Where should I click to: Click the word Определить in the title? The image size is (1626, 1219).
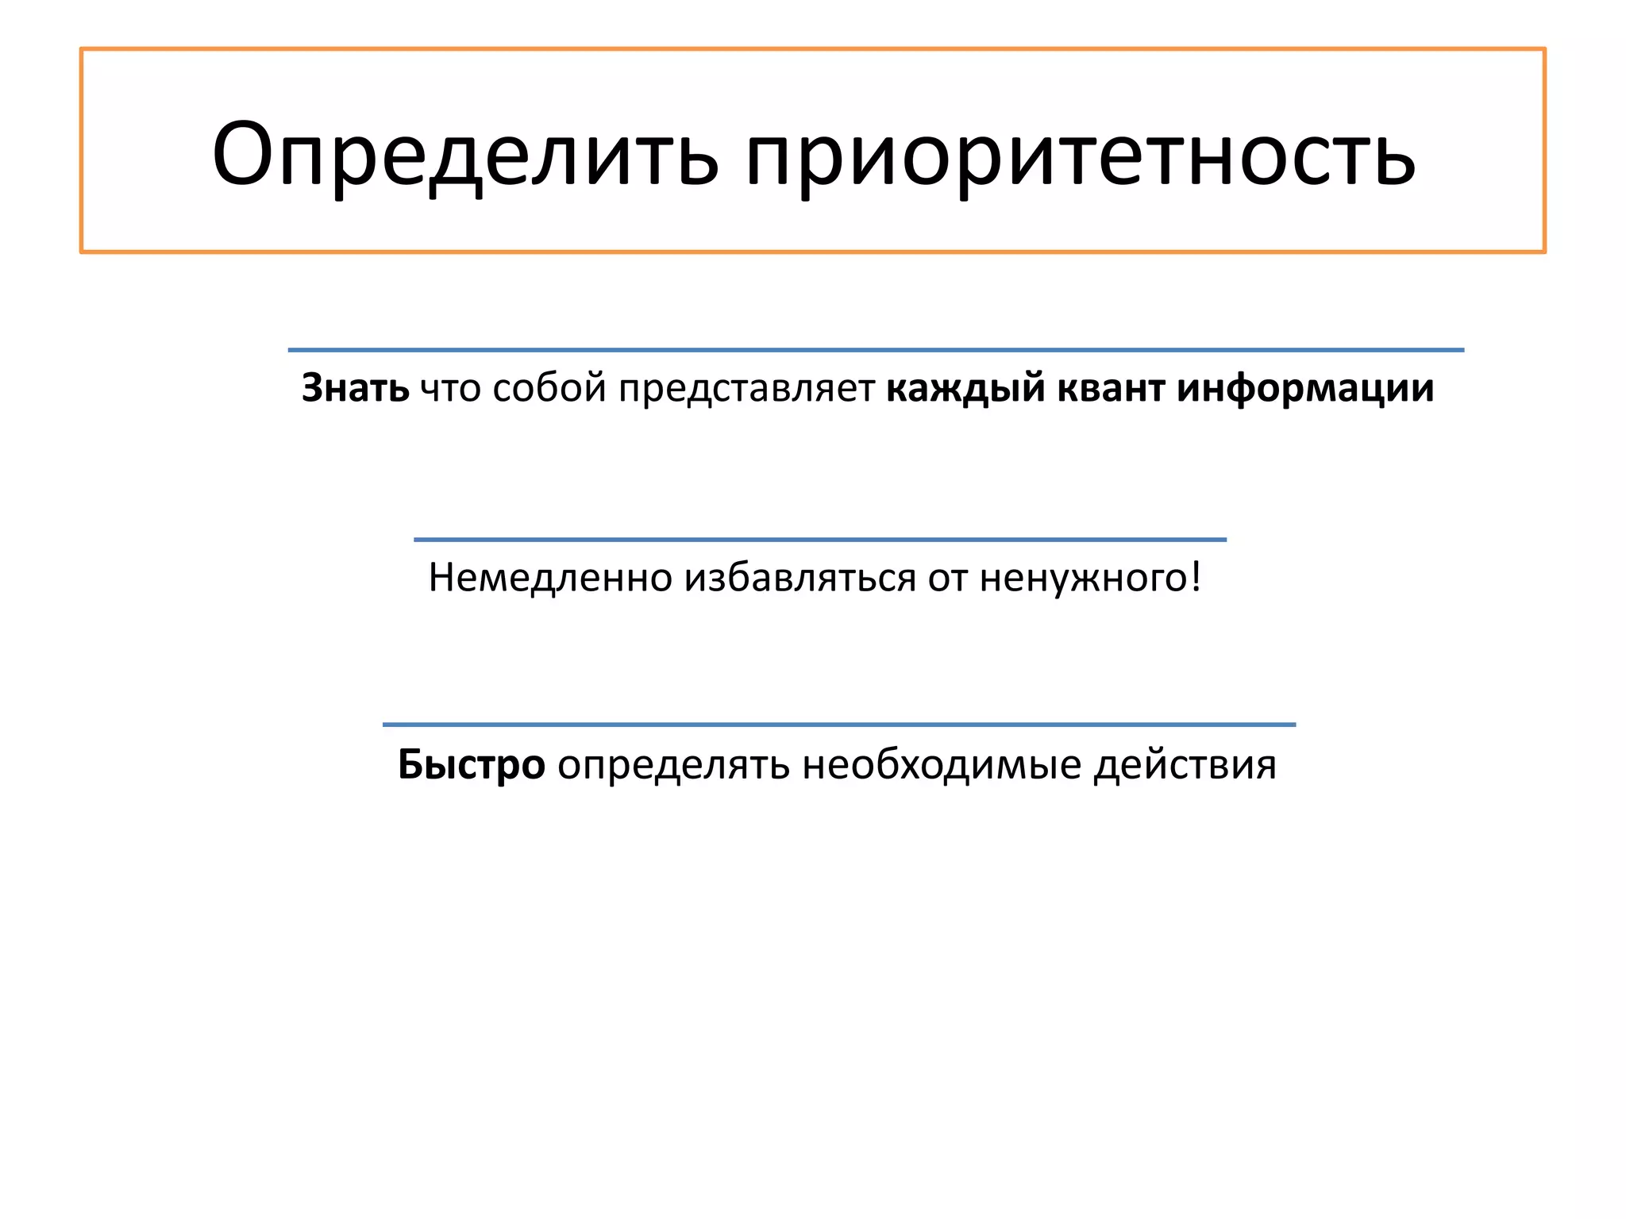pyautogui.click(x=465, y=155)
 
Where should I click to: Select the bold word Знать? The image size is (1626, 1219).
pyautogui.click(x=355, y=388)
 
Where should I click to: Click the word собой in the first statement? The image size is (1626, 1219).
pyautogui.click(x=549, y=388)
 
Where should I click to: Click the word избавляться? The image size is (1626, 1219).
pyautogui.click(x=800, y=578)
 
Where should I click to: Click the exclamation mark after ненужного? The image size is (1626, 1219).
pyautogui.click(x=1196, y=576)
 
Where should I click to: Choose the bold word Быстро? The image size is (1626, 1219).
pyautogui.click(x=471, y=765)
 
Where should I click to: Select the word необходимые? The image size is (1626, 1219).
pyautogui.click(x=942, y=765)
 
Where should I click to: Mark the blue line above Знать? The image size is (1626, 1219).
pyautogui.click(x=876, y=349)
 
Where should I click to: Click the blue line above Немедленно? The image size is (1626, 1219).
pyautogui.click(x=820, y=540)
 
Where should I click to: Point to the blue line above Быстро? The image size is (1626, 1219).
pyautogui.click(x=839, y=725)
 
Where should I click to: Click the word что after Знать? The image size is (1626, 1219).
pyautogui.click(x=450, y=388)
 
